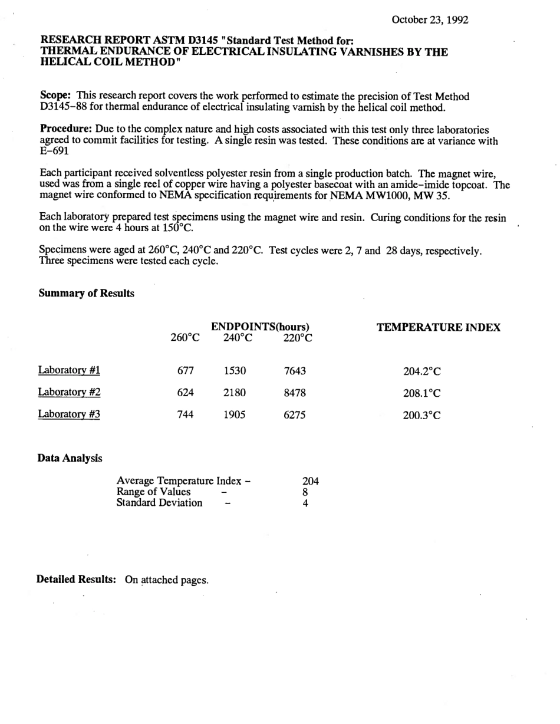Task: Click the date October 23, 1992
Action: [x=430, y=19]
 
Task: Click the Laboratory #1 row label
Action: [x=69, y=370]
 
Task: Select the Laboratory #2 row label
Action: [x=69, y=392]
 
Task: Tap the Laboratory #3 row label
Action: [x=69, y=414]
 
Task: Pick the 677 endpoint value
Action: [x=186, y=371]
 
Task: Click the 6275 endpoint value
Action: [x=295, y=414]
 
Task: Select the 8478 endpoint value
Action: [x=295, y=393]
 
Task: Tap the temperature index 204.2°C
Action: [x=422, y=371]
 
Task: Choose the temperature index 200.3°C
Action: [x=422, y=415]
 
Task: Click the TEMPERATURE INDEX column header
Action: [x=439, y=328]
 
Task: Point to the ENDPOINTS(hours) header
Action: [x=261, y=327]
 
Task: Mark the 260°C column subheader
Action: [x=185, y=338]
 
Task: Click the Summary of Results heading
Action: [x=86, y=293]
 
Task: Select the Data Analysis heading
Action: [x=70, y=458]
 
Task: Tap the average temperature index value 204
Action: [x=310, y=481]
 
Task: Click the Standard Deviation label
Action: [x=159, y=503]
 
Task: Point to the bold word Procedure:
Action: [x=64, y=129]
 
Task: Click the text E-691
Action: [x=54, y=151]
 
